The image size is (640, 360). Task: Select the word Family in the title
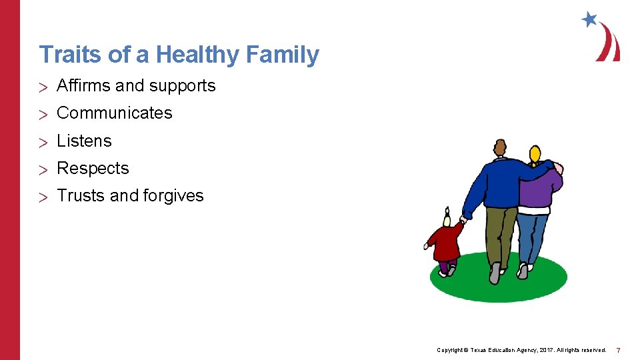(x=283, y=55)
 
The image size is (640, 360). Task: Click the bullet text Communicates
(x=115, y=113)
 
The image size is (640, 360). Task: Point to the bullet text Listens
(x=84, y=141)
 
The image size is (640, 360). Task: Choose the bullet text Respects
(x=93, y=168)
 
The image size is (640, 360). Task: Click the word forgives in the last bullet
(x=173, y=195)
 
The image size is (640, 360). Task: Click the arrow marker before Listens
(x=44, y=141)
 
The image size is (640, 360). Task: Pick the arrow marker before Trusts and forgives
(x=44, y=196)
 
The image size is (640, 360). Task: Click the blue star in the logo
(x=589, y=19)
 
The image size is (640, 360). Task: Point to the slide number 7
(x=618, y=350)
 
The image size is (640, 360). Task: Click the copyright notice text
(x=521, y=350)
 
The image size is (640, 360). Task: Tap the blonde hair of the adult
(x=534, y=155)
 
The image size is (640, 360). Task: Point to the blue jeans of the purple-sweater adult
(x=532, y=237)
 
